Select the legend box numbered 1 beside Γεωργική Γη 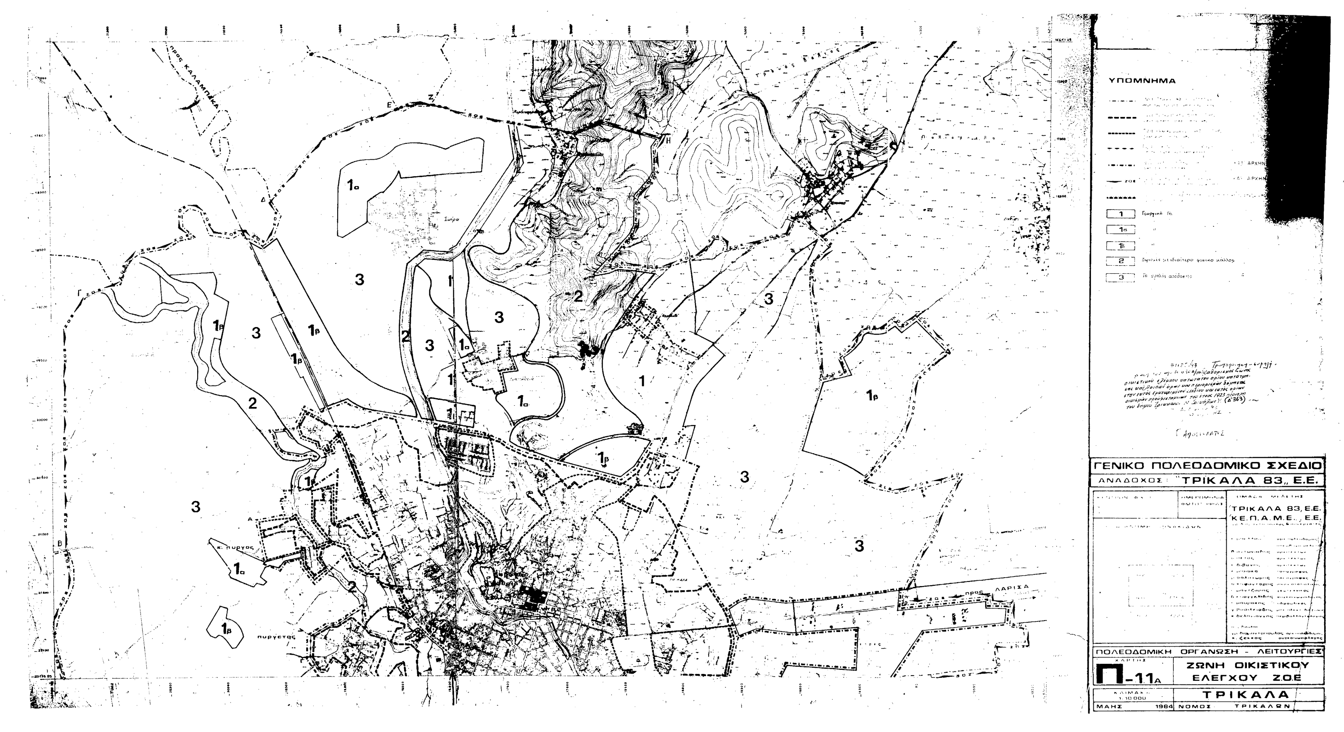click(1120, 214)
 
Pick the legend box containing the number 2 click(1120, 261)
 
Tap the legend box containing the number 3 click(1120, 277)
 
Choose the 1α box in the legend click(1120, 230)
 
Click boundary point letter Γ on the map click(80, 293)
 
